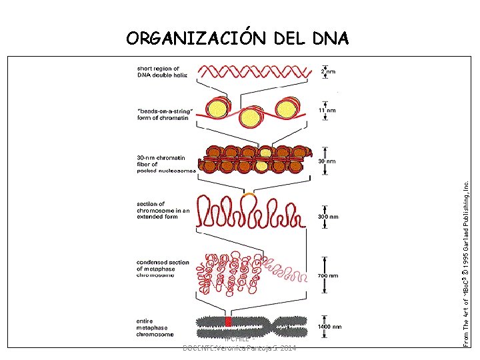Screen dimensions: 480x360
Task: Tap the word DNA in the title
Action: (x=329, y=38)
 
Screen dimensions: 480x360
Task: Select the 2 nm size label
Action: (x=328, y=71)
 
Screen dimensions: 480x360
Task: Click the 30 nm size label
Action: (x=327, y=161)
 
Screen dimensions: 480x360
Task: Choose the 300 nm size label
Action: (x=328, y=217)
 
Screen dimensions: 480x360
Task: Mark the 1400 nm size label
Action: (x=329, y=327)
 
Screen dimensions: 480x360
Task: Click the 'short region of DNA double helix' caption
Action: (x=163, y=71)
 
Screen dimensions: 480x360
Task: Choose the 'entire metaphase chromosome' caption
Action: (x=155, y=327)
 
